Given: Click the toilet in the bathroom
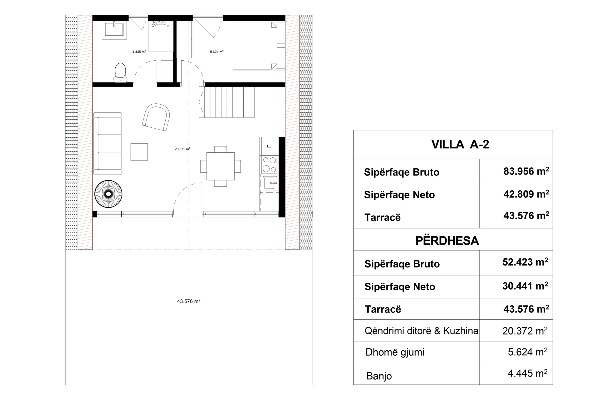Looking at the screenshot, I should coord(120,72).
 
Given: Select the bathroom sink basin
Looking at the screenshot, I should coord(114,29).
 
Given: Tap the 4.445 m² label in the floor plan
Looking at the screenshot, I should coord(139,52).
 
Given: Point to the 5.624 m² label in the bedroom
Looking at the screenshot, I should coord(216,52).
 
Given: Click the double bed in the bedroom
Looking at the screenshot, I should coord(254,46).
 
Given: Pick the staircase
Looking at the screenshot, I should coord(227,102).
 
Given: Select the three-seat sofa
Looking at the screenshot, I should coord(108,143).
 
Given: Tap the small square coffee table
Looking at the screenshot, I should coord(139,152).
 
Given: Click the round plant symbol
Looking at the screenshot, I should coord(108,194).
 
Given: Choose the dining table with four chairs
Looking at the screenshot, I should coord(220,166).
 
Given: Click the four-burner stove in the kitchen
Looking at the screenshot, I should coord(269,164).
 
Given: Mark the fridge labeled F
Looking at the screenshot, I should coord(269,146).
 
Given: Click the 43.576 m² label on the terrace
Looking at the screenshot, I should coord(188,301).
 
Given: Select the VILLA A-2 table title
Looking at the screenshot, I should coord(460,145).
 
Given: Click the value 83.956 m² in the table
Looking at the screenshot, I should coord(526,171).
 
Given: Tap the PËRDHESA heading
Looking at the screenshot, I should coord(447,241).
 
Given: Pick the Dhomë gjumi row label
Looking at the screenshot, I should coord(395,352).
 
